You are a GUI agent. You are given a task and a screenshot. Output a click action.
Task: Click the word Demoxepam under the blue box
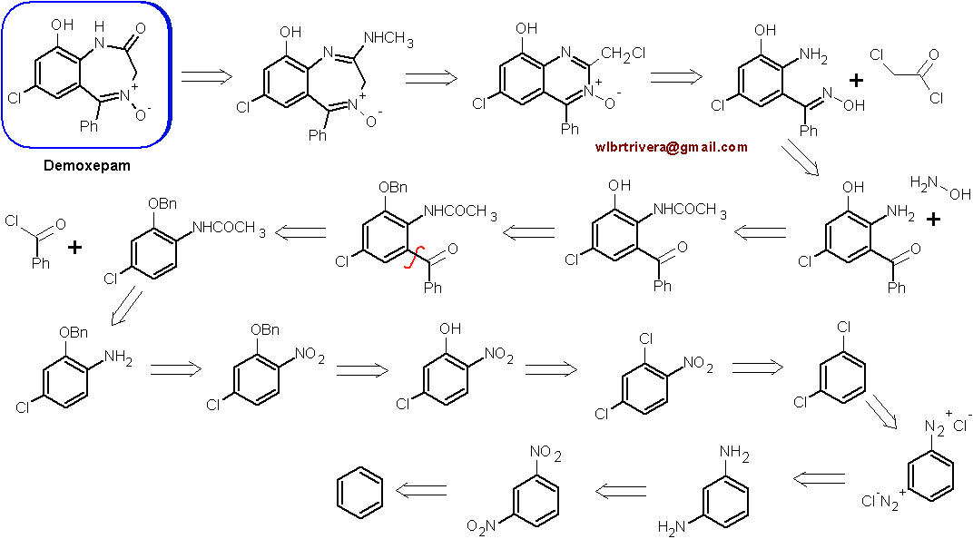click(x=87, y=166)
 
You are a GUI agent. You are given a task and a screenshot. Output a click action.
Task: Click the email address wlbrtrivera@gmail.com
click(x=671, y=147)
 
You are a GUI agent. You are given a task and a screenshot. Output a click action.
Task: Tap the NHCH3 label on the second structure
click(x=388, y=38)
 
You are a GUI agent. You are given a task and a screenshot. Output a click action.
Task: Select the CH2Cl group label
click(x=623, y=54)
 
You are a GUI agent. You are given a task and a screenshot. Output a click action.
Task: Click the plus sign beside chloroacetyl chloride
click(x=856, y=80)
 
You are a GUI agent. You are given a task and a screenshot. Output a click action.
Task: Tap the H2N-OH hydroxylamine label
click(x=939, y=188)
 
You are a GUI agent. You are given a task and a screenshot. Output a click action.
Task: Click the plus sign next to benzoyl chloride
click(x=74, y=248)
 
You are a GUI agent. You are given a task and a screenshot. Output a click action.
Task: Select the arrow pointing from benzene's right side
click(x=421, y=491)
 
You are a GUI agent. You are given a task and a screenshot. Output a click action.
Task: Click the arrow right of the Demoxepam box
click(x=207, y=77)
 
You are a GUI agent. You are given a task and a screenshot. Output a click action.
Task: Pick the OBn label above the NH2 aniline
click(x=74, y=332)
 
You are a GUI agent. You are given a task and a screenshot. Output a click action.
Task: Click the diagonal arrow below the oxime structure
click(x=800, y=158)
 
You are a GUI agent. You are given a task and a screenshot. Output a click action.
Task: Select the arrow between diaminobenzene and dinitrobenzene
click(x=621, y=491)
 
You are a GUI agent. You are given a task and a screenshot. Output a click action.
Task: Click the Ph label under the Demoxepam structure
click(x=89, y=126)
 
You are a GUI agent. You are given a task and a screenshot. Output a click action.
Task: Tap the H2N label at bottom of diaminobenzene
click(x=672, y=528)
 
